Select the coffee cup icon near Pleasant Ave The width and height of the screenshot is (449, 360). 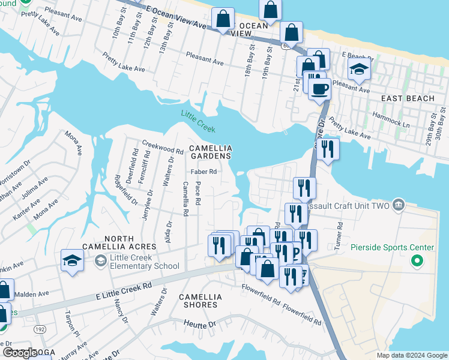click(319, 89)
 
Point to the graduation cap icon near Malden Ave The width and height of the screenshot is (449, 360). click(72, 261)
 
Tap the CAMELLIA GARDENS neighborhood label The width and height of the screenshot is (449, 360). click(209, 152)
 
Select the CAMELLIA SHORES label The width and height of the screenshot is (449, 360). click(200, 301)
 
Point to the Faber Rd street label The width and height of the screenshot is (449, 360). click(203, 172)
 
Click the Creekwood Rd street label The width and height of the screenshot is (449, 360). click(162, 147)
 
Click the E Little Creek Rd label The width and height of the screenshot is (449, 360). click(123, 290)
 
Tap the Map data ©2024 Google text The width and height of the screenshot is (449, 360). click(411, 355)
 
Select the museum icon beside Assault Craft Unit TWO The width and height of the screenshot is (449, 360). click(398, 206)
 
